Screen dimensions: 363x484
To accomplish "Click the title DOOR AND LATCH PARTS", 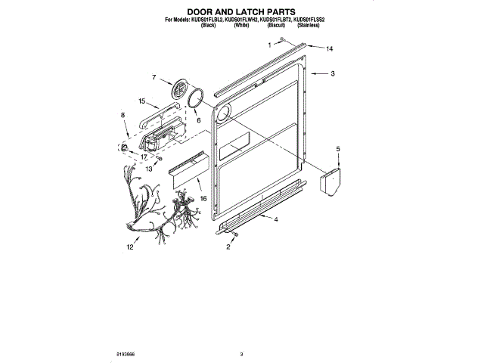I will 242,12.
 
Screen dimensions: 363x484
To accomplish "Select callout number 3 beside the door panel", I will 334,74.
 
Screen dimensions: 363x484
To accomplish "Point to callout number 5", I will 338,150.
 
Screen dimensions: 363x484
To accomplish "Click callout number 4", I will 276,219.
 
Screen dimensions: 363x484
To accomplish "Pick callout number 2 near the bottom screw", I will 228,247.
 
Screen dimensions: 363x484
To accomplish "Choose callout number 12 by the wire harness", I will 130,247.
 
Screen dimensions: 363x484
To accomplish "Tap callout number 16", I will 203,198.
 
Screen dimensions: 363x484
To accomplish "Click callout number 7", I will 154,77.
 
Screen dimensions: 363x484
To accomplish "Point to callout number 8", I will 123,115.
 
